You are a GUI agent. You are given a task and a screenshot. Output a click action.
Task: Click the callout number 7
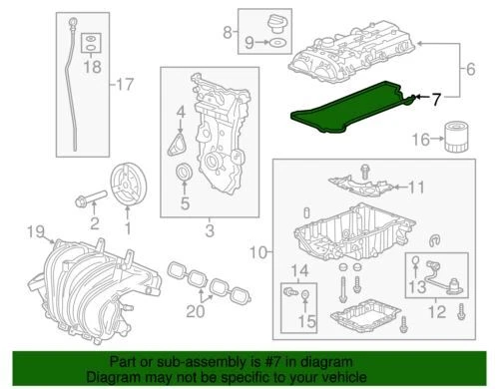pyautogui.click(x=437, y=99)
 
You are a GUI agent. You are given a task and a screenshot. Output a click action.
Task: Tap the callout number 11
pyautogui.click(x=417, y=186)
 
